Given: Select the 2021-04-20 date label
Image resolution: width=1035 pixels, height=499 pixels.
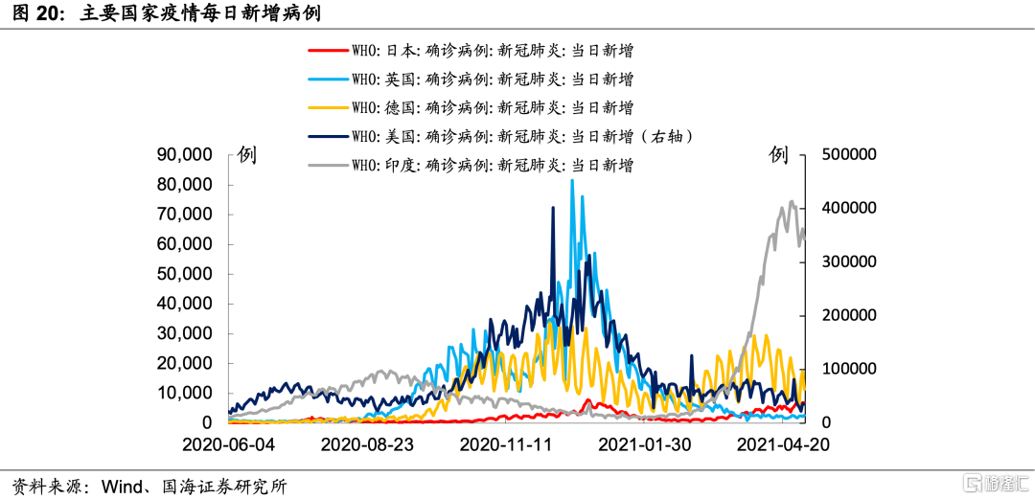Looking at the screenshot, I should point(784,445).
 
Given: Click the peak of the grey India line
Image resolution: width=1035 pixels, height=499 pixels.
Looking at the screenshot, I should point(792,201).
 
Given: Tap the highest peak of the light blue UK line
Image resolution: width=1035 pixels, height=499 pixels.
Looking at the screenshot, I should point(572,180).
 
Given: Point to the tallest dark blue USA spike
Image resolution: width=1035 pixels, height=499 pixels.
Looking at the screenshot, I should point(553,207).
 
